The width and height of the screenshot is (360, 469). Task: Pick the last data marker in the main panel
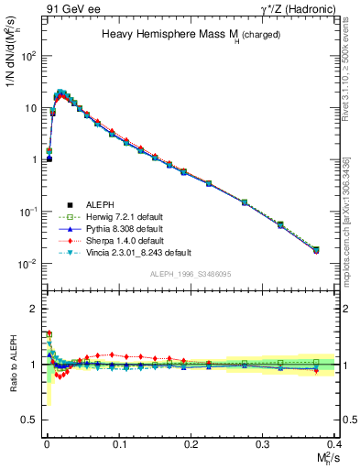click(316, 249)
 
